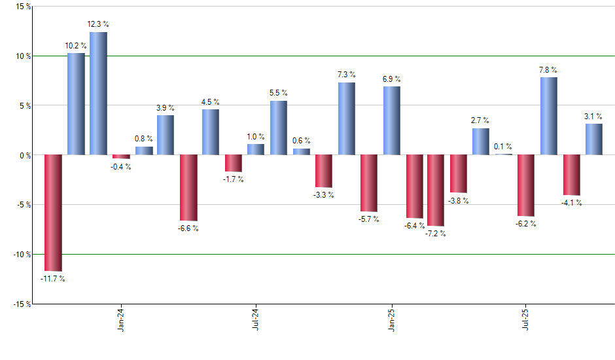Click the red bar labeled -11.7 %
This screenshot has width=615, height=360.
coord(53,213)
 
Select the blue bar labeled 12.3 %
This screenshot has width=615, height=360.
coord(98,93)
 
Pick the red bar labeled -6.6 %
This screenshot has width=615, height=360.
coord(188,188)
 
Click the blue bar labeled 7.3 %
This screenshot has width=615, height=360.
coord(347,118)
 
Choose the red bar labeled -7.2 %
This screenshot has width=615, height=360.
coord(436,190)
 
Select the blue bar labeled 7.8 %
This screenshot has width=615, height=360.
coord(549,116)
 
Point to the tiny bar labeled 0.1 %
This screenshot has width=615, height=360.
coord(504,154)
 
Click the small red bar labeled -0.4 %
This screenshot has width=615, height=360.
coord(121,157)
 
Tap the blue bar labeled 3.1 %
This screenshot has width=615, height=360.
coord(594,139)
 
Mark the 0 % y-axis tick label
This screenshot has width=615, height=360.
coord(24,155)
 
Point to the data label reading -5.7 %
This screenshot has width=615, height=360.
coord(369,219)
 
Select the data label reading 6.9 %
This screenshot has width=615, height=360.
coord(392,79)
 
